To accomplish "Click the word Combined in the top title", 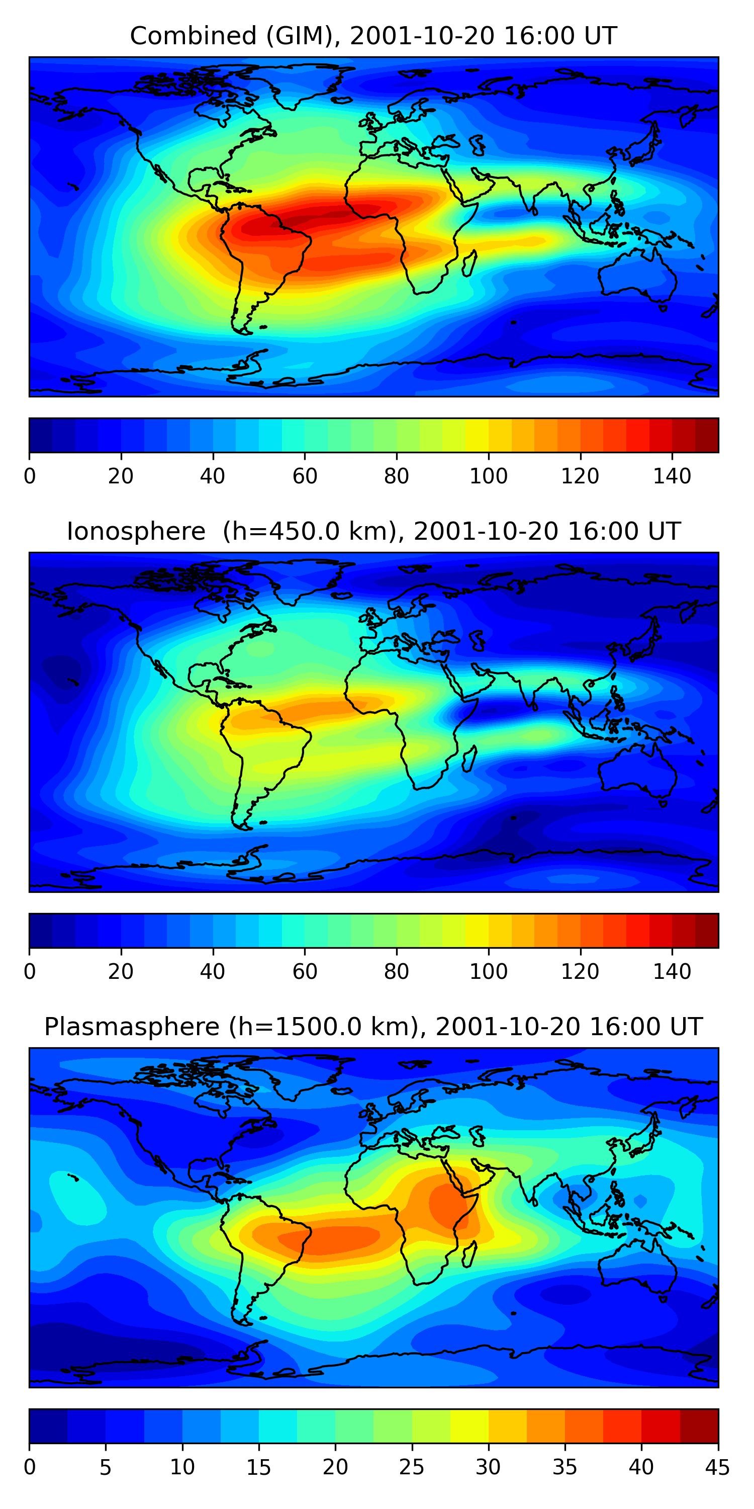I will [x=193, y=36].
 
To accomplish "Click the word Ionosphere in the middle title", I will [x=136, y=531].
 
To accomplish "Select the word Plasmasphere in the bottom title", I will [x=132, y=1027].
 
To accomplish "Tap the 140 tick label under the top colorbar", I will [x=672, y=476].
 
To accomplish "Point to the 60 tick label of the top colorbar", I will [x=305, y=476].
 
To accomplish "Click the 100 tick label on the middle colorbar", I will [x=488, y=972].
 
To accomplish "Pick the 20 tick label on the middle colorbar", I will [x=121, y=972].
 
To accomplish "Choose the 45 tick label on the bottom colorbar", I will [x=717, y=1467].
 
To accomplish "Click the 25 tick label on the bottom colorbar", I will [x=412, y=1467].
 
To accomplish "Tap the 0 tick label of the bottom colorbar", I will [x=30, y=1467].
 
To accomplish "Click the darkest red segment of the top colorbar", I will [x=707, y=435].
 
